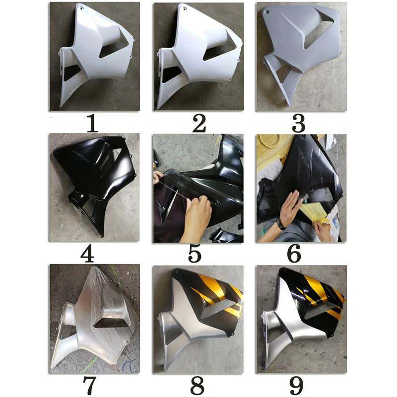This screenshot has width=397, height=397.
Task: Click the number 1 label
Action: [x=92, y=124]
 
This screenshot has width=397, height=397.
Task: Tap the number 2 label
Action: [x=199, y=124]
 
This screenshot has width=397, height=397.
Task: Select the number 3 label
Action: [x=299, y=124]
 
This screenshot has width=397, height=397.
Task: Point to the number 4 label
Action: [x=87, y=254]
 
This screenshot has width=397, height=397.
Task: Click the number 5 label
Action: [x=195, y=254]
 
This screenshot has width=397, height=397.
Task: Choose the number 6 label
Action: [x=294, y=254]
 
